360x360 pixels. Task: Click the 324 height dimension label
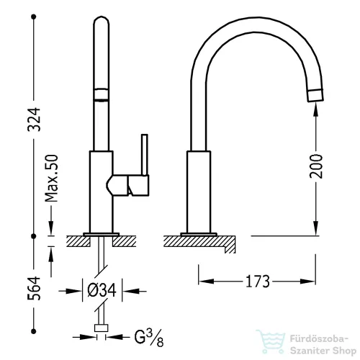34,120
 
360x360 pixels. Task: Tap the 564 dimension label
34,288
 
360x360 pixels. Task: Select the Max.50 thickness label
52,179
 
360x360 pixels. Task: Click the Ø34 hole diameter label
102,290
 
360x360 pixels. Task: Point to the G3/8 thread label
149,338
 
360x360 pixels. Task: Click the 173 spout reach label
258,282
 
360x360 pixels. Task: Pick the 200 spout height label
316,166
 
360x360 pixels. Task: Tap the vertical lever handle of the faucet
145,155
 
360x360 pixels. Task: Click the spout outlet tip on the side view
315,95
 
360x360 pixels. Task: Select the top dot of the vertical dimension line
34,17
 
